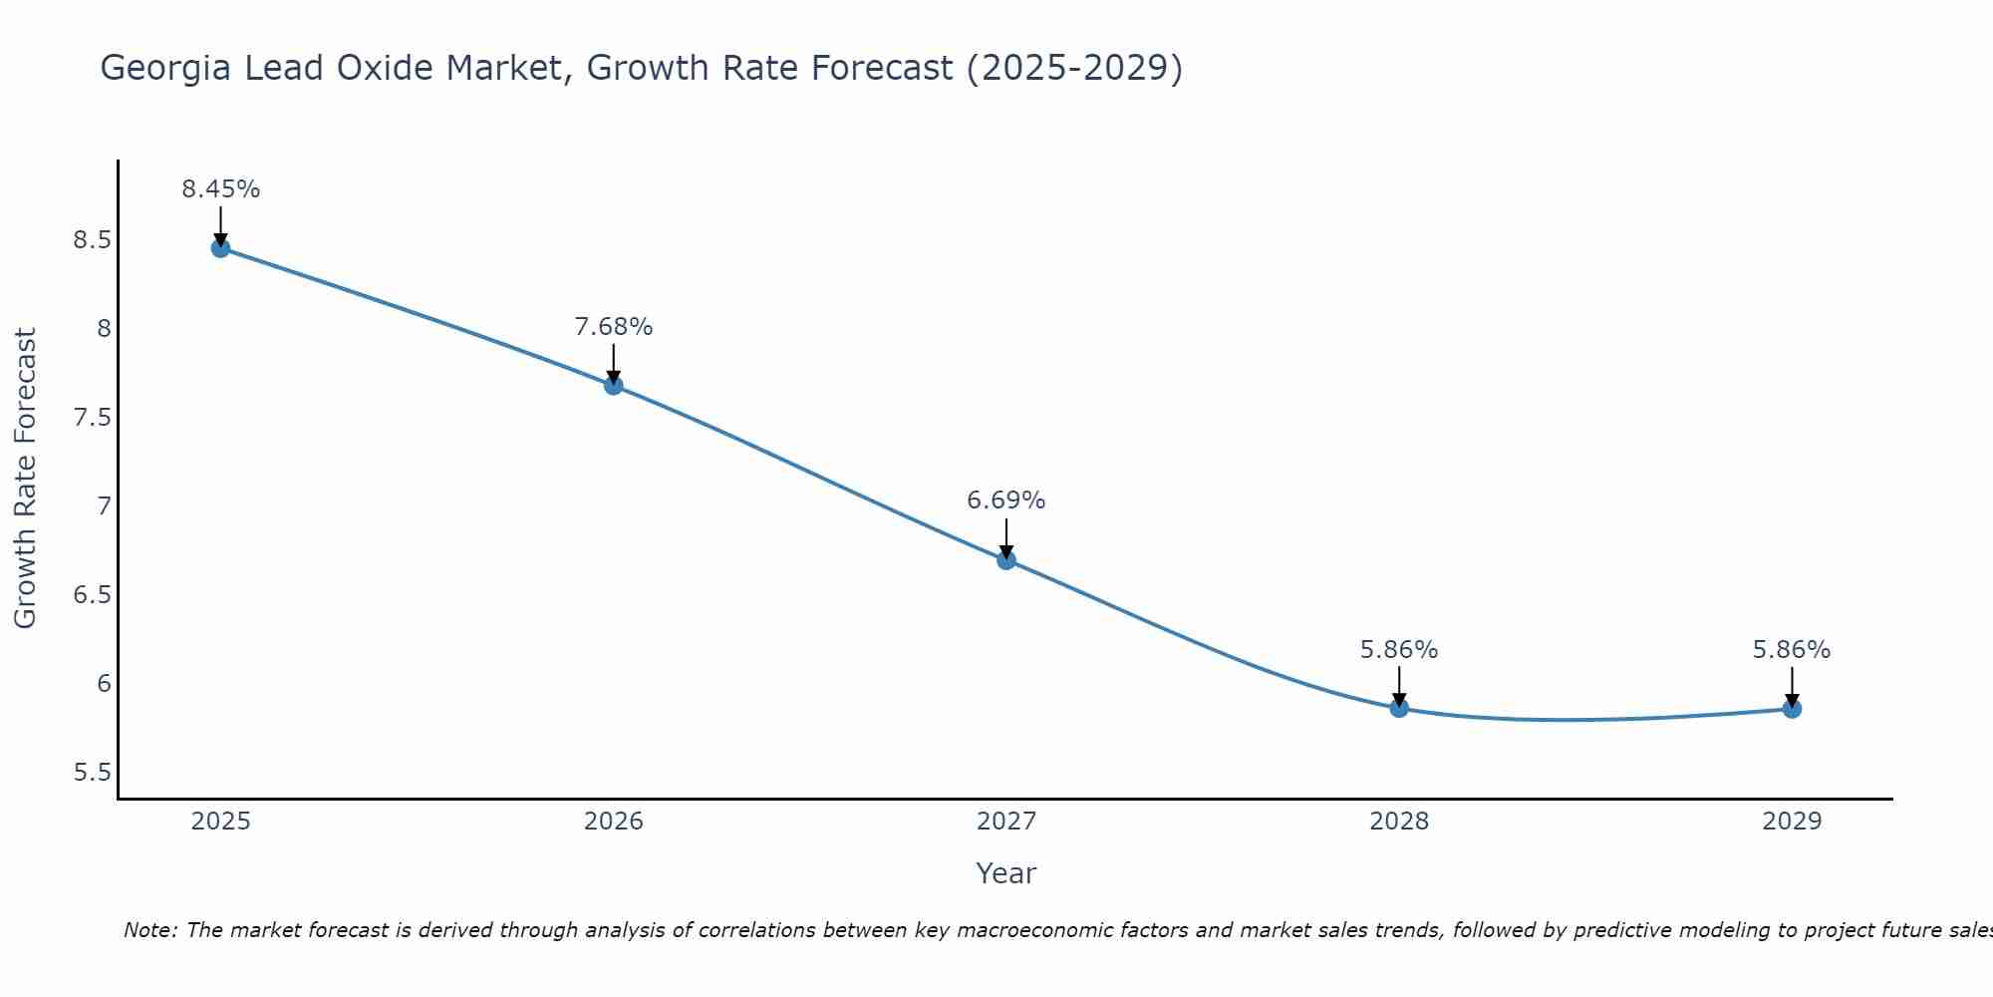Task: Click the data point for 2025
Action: (x=220, y=248)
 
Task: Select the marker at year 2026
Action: (x=614, y=385)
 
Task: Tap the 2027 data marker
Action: (x=1006, y=560)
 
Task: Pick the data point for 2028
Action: (x=1399, y=708)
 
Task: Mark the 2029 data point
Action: (x=1792, y=709)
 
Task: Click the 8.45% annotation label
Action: (x=220, y=189)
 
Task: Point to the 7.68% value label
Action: (x=614, y=327)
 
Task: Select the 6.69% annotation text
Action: (x=1006, y=500)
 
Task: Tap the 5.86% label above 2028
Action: (x=1399, y=650)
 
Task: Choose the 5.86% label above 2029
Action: (x=1792, y=650)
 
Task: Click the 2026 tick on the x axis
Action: (x=614, y=822)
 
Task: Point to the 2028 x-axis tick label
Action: (x=1399, y=822)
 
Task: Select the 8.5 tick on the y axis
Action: (x=92, y=240)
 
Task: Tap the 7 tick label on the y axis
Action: (x=104, y=506)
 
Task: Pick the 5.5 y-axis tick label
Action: (x=92, y=773)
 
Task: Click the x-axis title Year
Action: (x=1006, y=873)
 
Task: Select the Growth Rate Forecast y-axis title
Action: (x=25, y=479)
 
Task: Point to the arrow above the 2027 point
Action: (x=1006, y=538)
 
